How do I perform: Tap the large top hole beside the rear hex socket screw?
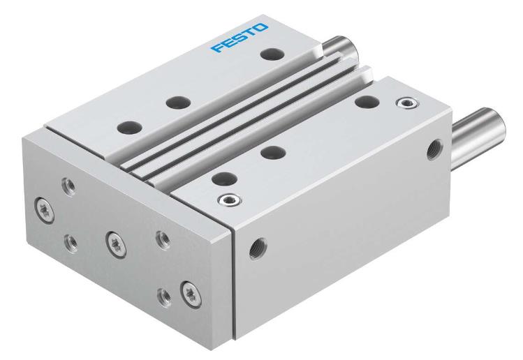point(362,102)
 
